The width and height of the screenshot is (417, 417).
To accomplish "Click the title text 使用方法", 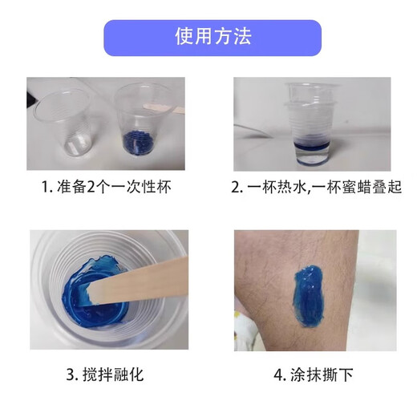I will tap(213, 38).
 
